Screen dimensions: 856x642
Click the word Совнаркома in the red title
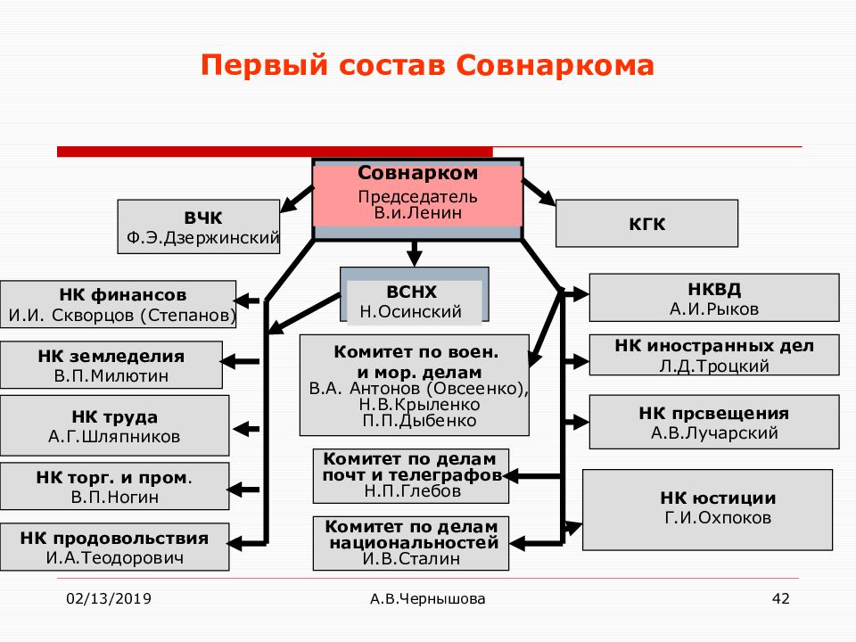coord(556,65)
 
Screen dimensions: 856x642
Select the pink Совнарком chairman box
coord(417,195)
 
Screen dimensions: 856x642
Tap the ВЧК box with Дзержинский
coord(199,226)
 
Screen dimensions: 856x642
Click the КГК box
coord(647,224)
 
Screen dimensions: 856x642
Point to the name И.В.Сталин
coord(411,559)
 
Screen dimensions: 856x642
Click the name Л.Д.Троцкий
coord(714,366)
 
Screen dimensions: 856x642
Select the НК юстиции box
coord(707,510)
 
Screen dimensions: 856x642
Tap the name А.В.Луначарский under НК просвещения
coord(714,433)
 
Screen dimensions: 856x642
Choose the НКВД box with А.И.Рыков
coord(714,298)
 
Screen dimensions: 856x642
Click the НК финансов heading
coord(123,295)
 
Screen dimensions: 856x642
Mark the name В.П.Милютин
coord(111,375)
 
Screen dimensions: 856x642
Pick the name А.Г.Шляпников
coord(114,437)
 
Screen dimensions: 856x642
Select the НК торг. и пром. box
coord(115,487)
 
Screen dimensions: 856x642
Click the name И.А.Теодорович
coord(115,558)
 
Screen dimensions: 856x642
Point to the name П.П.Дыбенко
coord(419,421)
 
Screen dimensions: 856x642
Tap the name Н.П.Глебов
coord(413,491)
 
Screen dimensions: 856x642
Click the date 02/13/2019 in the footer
coord(109,599)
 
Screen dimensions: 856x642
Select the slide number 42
coord(781,599)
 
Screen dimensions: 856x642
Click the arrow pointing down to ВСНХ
coord(415,252)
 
